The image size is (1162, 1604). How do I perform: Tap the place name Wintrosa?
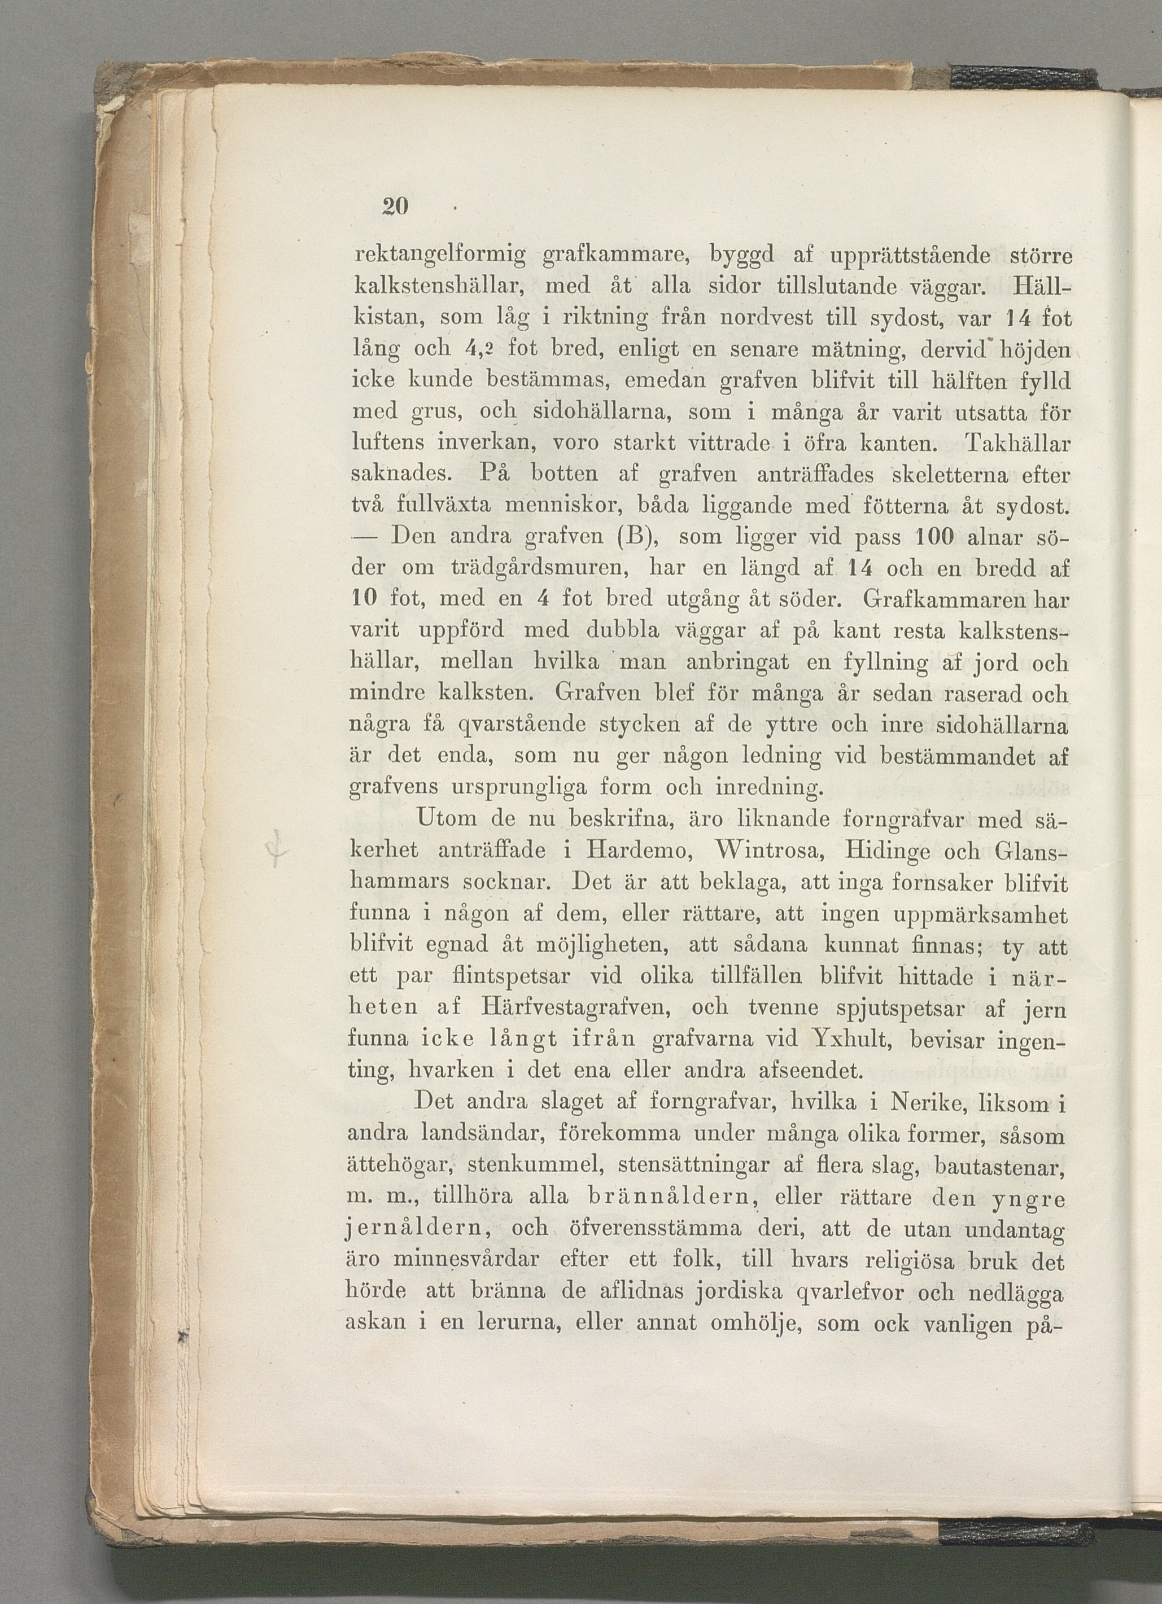click(x=759, y=851)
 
